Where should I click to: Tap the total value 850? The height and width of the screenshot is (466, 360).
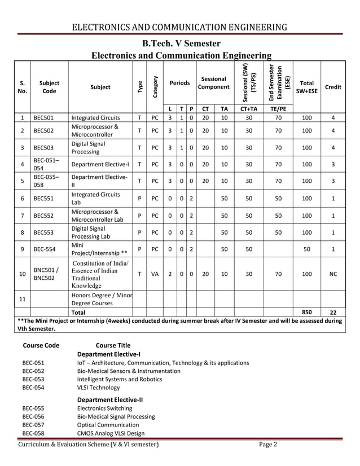tap(307, 312)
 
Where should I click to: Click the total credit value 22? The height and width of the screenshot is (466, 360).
tap(333, 312)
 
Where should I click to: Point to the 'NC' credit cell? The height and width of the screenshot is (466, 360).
tap(333, 274)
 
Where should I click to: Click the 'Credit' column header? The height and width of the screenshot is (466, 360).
tap(333, 87)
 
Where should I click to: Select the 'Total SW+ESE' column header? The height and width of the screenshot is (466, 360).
tap(307, 87)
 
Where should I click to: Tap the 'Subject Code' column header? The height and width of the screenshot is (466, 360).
tap(49, 87)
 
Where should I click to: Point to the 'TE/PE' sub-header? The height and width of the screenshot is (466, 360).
tap(278, 109)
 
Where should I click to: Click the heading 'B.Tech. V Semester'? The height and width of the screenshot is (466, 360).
tap(181, 43)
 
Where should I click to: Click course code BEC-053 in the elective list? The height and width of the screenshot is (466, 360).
tap(33, 379)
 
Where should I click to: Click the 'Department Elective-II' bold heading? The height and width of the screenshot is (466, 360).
tap(109, 399)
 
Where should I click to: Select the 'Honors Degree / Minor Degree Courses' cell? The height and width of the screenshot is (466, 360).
tap(102, 298)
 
